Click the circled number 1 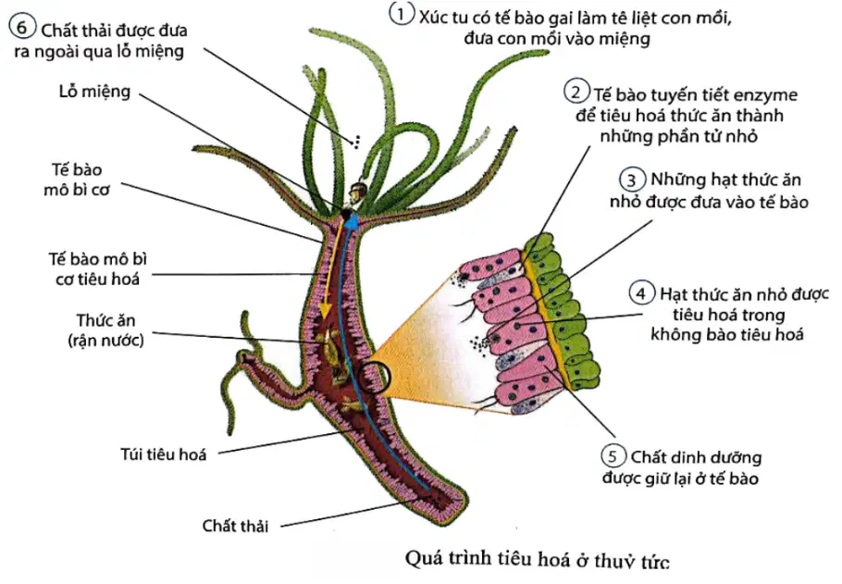point(402,15)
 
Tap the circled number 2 point(576,93)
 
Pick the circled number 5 point(613,456)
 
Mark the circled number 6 point(22,27)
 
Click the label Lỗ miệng point(94,92)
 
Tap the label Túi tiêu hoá point(163,454)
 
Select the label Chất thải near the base point(235,526)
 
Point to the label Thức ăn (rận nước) point(105,329)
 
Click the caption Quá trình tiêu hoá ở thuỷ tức point(537,560)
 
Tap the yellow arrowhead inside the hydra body point(325,311)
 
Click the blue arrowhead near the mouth point(353,219)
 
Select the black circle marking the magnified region point(375,378)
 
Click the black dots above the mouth point(355,142)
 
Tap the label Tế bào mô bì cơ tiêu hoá point(98,268)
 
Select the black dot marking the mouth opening point(347,215)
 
